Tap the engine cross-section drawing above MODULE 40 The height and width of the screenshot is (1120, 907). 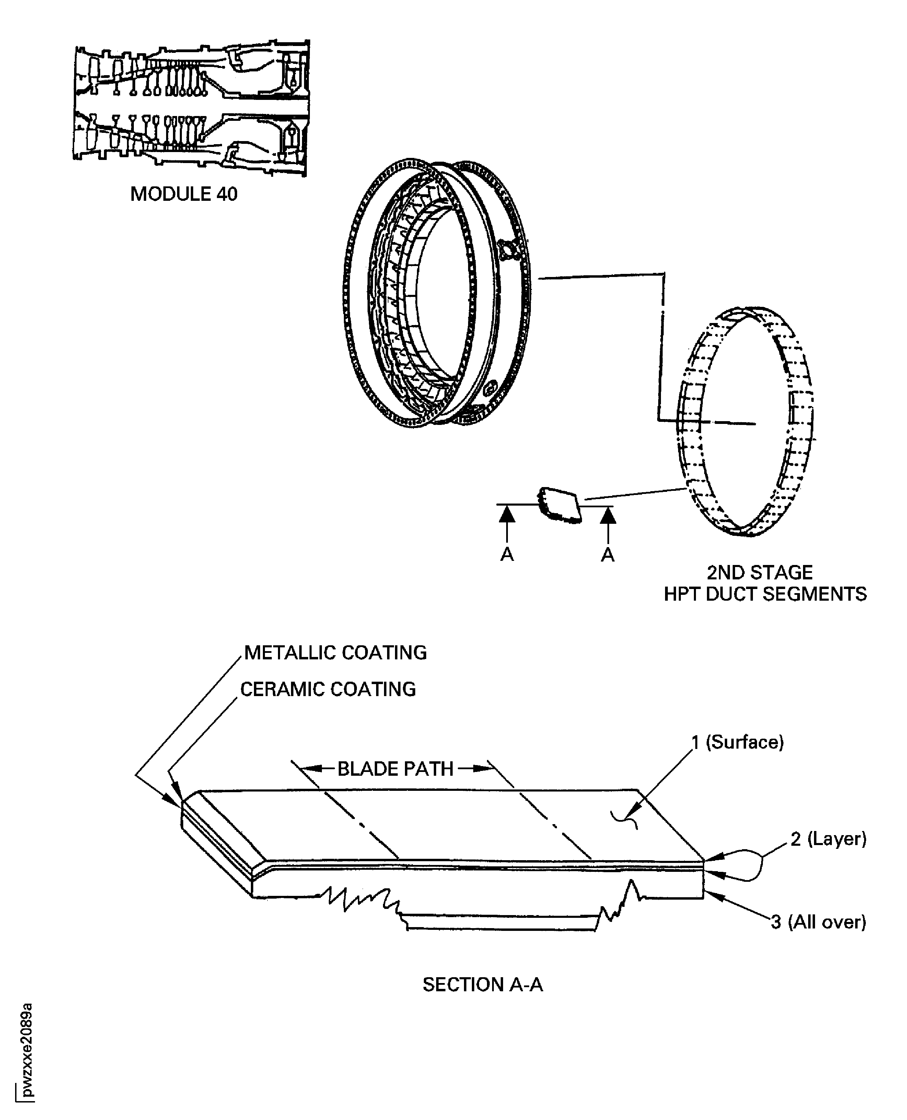191,107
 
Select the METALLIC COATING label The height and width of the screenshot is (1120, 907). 335,653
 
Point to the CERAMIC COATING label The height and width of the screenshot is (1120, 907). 328,689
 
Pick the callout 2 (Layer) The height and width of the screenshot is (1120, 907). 828,839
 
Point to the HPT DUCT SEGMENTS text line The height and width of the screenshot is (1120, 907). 765,594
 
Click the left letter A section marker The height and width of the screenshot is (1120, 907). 507,555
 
